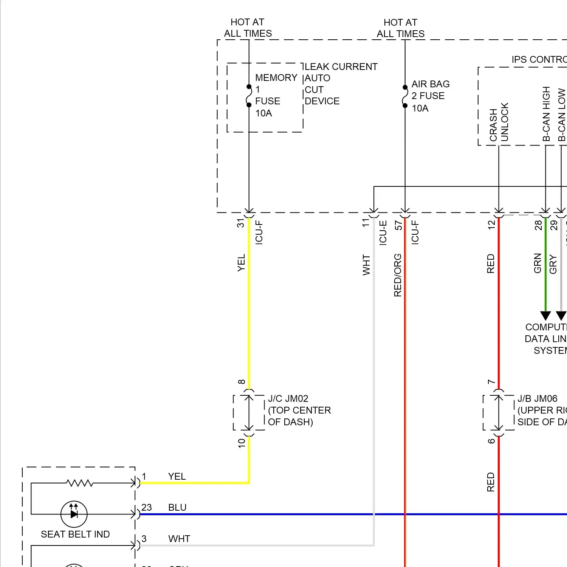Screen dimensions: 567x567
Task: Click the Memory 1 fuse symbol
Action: tap(249, 96)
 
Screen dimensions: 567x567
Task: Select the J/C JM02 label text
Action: tap(288, 399)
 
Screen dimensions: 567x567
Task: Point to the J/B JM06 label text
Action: tap(537, 399)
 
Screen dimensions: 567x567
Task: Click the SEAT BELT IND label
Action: tap(75, 534)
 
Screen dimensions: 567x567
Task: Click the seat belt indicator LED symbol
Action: tap(74, 514)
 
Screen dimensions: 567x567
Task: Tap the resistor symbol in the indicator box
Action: tap(79, 483)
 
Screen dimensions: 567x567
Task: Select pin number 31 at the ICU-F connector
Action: tap(240, 223)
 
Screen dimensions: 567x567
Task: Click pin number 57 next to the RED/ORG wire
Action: tap(398, 225)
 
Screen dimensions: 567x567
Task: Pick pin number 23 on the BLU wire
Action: tap(147, 507)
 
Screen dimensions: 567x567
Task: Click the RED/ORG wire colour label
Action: tap(398, 275)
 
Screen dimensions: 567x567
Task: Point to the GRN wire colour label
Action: tap(538, 263)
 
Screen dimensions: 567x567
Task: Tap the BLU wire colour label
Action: tap(177, 507)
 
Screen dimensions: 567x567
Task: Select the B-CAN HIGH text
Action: tap(546, 114)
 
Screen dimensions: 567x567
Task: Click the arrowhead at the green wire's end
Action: tap(545, 316)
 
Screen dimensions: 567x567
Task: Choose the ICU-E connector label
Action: tap(383, 233)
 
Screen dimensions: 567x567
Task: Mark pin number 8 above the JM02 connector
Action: tap(242, 382)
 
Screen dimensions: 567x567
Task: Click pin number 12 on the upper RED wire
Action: tap(491, 225)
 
